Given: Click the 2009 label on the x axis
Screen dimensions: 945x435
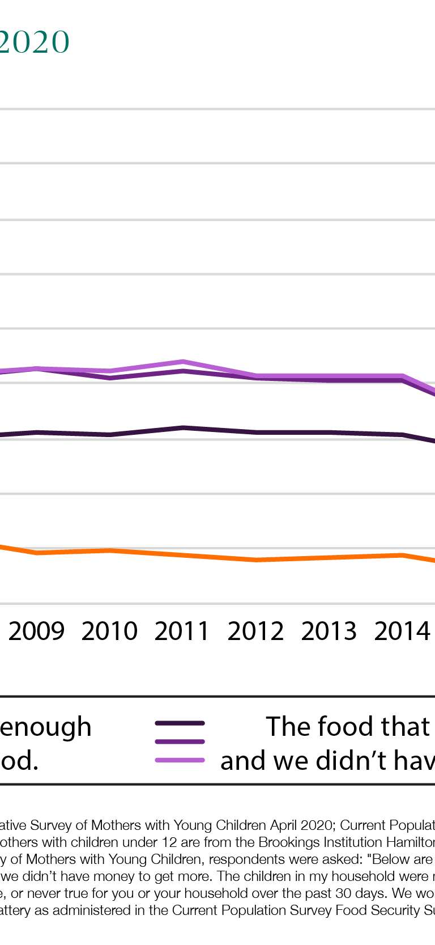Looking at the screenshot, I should pyautogui.click(x=37, y=631).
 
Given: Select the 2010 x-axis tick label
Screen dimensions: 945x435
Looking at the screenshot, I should pyautogui.click(x=109, y=631).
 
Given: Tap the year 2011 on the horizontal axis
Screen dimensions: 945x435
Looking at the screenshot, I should pyautogui.click(x=182, y=631).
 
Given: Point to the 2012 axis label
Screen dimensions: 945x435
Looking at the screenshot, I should pyautogui.click(x=255, y=631).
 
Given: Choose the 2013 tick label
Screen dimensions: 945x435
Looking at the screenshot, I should pyautogui.click(x=329, y=631).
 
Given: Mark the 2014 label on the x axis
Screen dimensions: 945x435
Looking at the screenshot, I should pyautogui.click(x=402, y=631).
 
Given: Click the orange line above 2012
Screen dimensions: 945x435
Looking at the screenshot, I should pyautogui.click(x=257, y=560).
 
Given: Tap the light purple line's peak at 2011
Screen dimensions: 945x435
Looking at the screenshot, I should pyautogui.click(x=183, y=361).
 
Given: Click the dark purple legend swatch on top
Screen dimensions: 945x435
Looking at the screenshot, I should pyautogui.click(x=180, y=723).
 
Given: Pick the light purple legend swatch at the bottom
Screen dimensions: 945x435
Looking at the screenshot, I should pyautogui.click(x=180, y=760).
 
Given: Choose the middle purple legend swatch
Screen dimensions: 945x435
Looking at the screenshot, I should pyautogui.click(x=180, y=741).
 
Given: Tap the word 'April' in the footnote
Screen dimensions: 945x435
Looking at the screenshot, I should pyautogui.click(x=281, y=825).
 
